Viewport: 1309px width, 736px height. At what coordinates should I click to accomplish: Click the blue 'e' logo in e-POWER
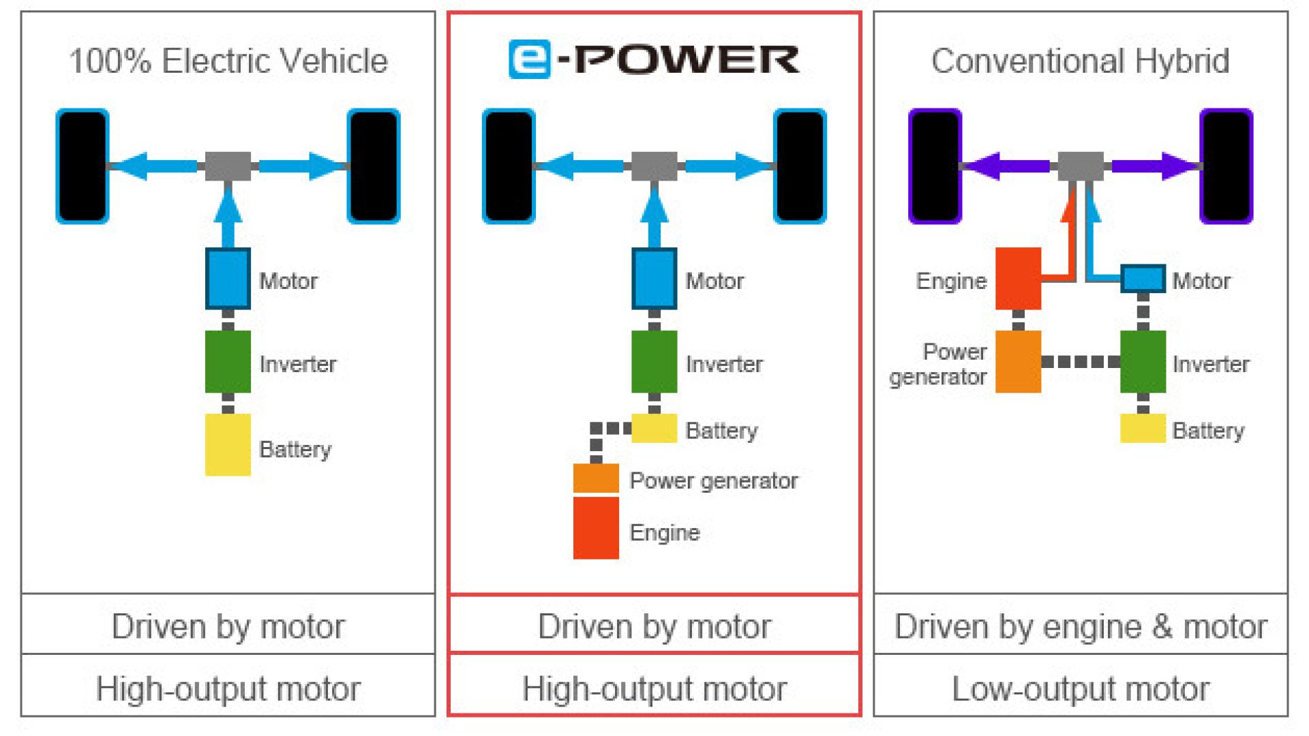[x=529, y=59]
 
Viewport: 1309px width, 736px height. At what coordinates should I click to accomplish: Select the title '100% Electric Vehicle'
[x=228, y=61]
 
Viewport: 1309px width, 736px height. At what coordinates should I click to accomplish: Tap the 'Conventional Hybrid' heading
[x=1081, y=61]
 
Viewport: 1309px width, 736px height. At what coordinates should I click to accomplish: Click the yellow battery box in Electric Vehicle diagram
[x=228, y=444]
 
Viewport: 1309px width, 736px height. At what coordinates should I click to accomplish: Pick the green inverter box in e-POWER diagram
[x=654, y=362]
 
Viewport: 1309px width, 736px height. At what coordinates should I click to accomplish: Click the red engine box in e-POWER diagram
[x=596, y=528]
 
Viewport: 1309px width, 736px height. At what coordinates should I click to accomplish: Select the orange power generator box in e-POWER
[x=596, y=478]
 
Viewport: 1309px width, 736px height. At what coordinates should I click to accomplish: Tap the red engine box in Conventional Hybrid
[x=1019, y=278]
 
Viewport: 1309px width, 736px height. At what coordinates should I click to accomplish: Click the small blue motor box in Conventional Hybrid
[x=1143, y=279]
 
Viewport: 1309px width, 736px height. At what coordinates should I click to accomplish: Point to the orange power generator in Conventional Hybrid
[x=1019, y=362]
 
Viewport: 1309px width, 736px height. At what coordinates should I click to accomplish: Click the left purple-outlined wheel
[x=935, y=166]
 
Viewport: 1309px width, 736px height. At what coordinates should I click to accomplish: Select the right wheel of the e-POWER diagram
[x=800, y=166]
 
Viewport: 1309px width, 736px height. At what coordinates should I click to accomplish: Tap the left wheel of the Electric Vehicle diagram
[x=82, y=166]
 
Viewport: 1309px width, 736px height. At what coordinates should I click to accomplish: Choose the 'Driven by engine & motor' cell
[x=1081, y=624]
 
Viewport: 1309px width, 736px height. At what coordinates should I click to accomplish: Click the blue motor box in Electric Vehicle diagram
[x=228, y=278]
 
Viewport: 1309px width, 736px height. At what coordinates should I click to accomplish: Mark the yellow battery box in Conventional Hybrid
[x=1143, y=429]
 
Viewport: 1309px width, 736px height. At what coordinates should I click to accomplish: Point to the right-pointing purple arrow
[x=1156, y=166]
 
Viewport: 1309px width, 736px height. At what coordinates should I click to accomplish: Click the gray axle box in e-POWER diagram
[x=654, y=166]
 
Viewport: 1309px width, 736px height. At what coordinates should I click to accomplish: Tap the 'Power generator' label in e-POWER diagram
[x=713, y=481]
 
